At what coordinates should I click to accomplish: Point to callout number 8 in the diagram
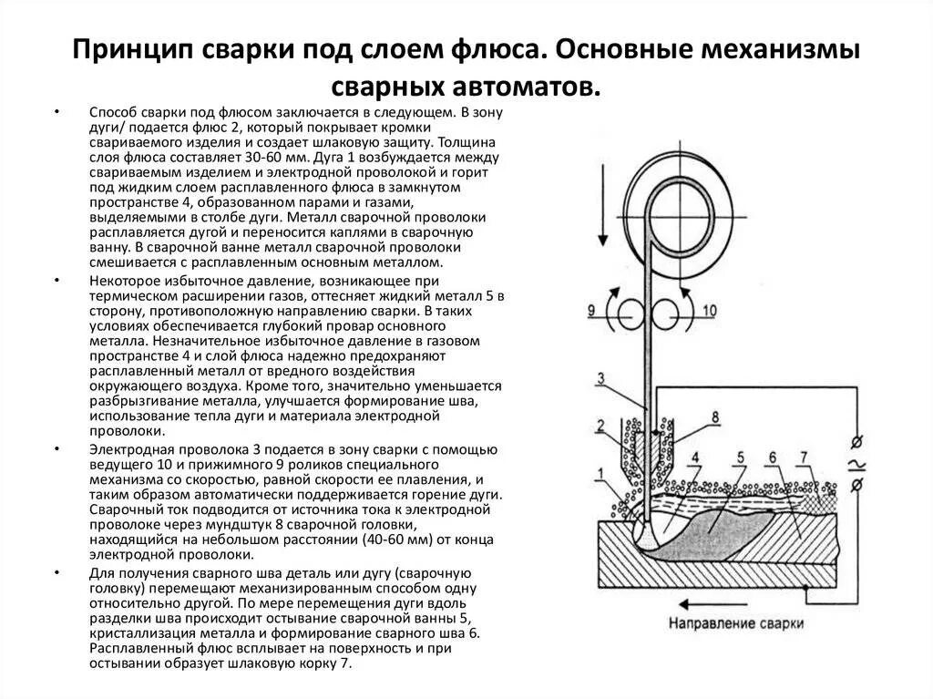[x=714, y=417]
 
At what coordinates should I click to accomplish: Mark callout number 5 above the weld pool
[x=742, y=457]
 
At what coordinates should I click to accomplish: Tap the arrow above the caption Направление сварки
[x=716, y=604]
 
